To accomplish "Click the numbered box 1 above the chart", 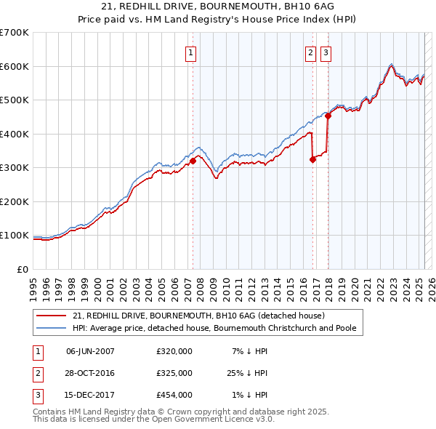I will point(190,52).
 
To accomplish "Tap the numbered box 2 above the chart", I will point(310,52).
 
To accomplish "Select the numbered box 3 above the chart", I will point(326,52).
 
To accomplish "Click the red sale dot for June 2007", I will point(193,161).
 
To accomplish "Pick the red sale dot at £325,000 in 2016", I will point(313,159).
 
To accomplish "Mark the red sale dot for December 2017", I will point(328,116).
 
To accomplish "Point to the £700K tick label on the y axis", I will point(15,33).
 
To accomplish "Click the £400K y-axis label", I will point(15,134).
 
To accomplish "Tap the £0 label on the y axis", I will point(23,269).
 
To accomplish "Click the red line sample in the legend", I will point(51,316).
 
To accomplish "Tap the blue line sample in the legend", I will point(51,328).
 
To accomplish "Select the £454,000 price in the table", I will point(174,395).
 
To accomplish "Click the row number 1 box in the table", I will point(36,351).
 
